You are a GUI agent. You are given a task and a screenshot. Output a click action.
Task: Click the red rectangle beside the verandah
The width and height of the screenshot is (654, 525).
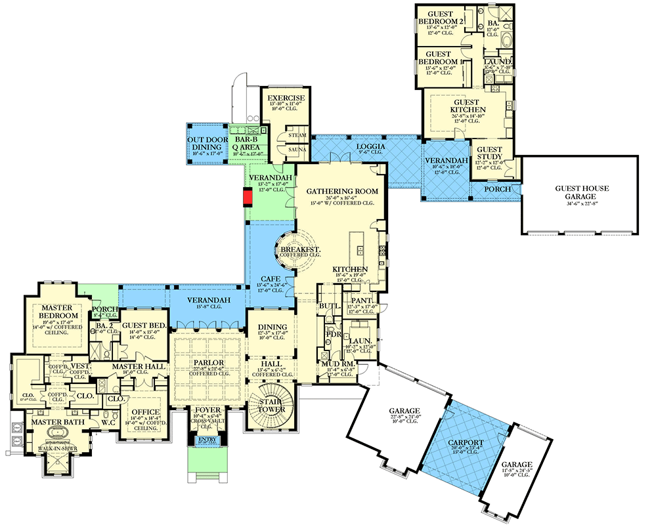[248, 197]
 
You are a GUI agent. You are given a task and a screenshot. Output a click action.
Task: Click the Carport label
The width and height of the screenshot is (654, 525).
[467, 442]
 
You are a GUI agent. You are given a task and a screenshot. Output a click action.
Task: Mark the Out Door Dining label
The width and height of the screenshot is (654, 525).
[207, 144]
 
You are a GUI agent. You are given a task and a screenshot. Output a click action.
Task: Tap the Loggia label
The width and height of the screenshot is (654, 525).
[366, 146]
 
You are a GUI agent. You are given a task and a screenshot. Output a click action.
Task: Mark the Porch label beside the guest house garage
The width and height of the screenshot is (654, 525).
[496, 189]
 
